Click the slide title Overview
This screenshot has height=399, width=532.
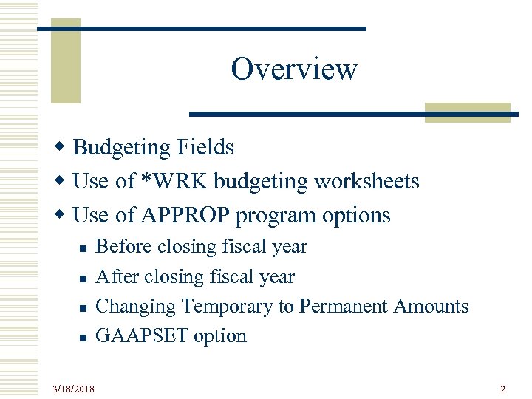click(x=294, y=69)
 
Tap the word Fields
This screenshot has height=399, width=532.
click(x=205, y=148)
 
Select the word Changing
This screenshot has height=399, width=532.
click(x=137, y=306)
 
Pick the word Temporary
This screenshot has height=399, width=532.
click(x=227, y=306)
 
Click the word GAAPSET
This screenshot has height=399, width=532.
click(x=143, y=336)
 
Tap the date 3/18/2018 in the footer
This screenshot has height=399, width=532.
click(x=73, y=389)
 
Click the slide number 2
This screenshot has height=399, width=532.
click(x=502, y=389)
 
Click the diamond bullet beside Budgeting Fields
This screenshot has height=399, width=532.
click(x=64, y=148)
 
